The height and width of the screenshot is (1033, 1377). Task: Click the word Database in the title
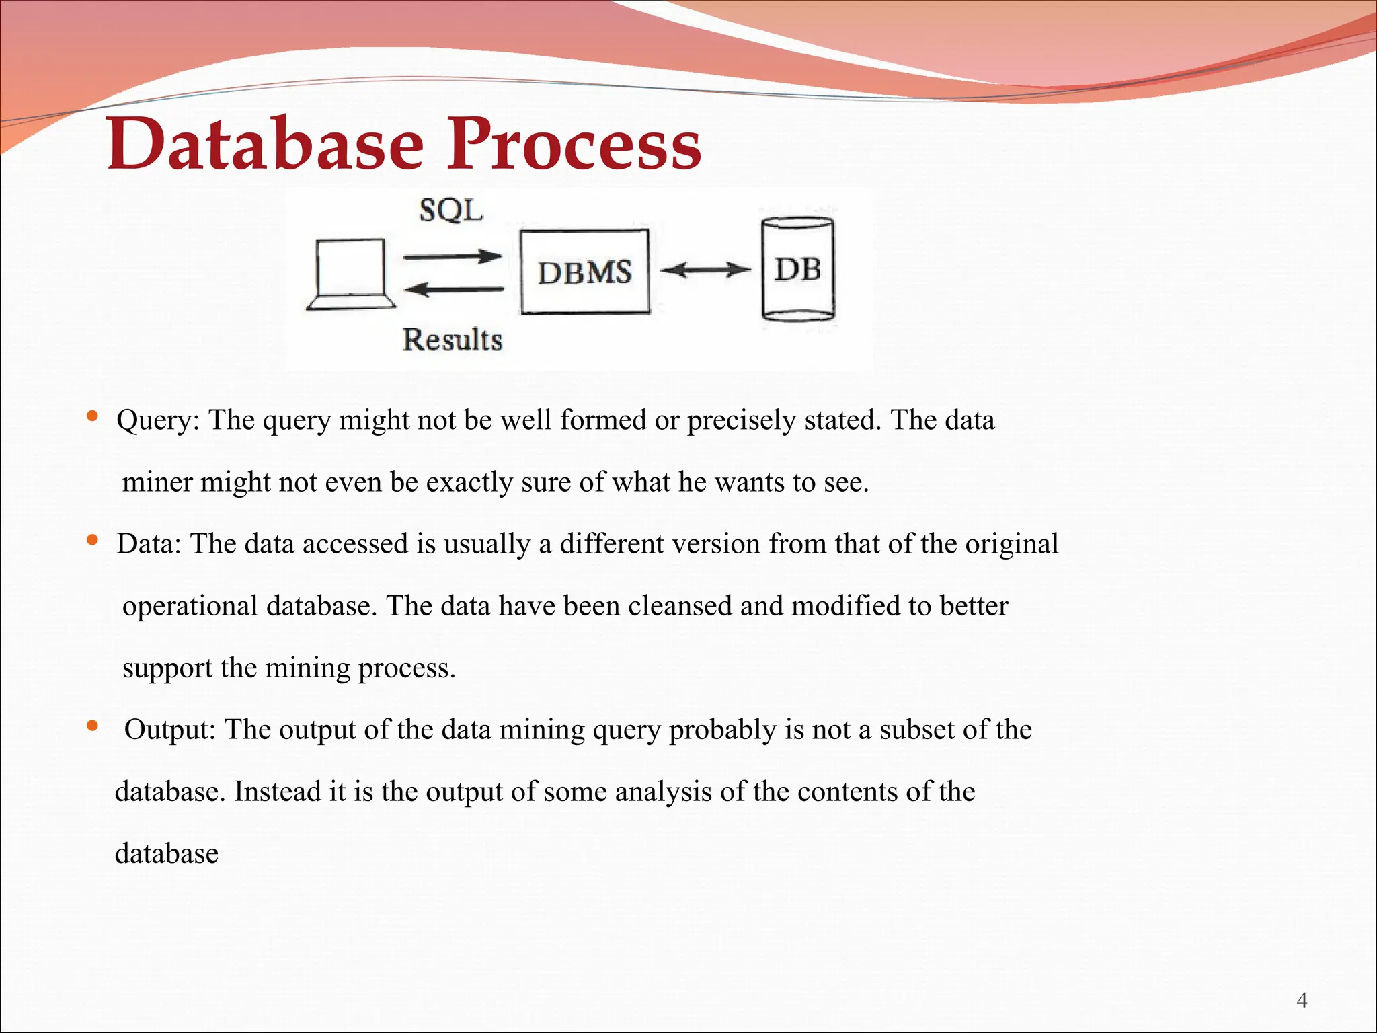[266, 144]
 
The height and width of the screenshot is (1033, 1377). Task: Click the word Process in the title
[575, 144]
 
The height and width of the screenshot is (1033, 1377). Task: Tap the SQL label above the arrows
[451, 211]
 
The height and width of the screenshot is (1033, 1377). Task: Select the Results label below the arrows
[453, 340]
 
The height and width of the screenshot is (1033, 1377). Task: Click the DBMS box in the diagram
[585, 272]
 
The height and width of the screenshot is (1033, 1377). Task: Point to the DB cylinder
[798, 270]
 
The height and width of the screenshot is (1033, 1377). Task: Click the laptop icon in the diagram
[351, 275]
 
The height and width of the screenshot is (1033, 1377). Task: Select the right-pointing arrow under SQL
[453, 256]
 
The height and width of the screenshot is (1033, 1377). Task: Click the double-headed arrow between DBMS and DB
[705, 270]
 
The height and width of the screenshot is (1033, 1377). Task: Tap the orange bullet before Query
[93, 416]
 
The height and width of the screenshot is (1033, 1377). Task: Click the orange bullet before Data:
[93, 540]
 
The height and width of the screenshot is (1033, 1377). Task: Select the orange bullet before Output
[93, 726]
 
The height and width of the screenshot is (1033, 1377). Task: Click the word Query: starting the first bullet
[158, 421]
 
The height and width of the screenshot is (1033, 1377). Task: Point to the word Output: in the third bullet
[169, 730]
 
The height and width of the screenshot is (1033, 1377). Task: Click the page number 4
[1302, 1001]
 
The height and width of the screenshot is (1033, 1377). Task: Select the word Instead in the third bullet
[277, 792]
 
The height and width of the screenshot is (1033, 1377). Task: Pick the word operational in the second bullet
[190, 607]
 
